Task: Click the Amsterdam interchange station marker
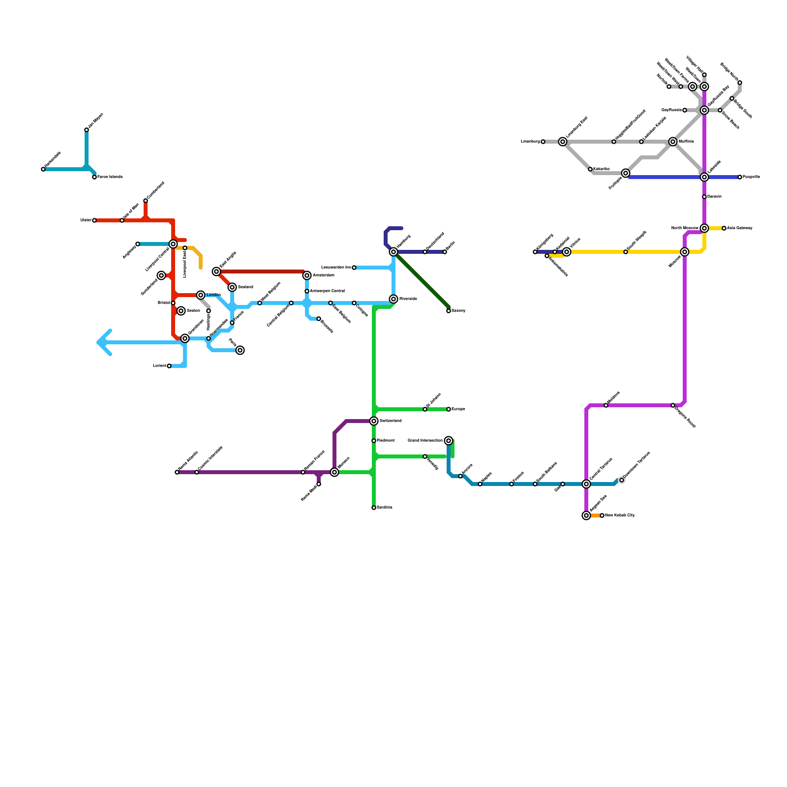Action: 307,275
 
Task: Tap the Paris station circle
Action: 240,350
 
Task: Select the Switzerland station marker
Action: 374,421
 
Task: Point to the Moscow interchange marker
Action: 685,252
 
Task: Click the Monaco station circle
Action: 334,472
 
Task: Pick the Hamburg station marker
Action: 393,252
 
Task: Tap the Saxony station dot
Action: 449,311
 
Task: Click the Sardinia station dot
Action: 374,508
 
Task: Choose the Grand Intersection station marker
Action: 449,441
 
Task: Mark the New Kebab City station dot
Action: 602,515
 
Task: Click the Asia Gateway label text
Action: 740,228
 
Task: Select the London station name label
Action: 213,295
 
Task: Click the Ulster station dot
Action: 94,220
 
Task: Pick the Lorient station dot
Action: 169,366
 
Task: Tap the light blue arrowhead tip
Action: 98,342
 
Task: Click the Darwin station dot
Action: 704,197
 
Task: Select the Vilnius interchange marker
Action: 567,252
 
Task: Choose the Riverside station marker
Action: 393,299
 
